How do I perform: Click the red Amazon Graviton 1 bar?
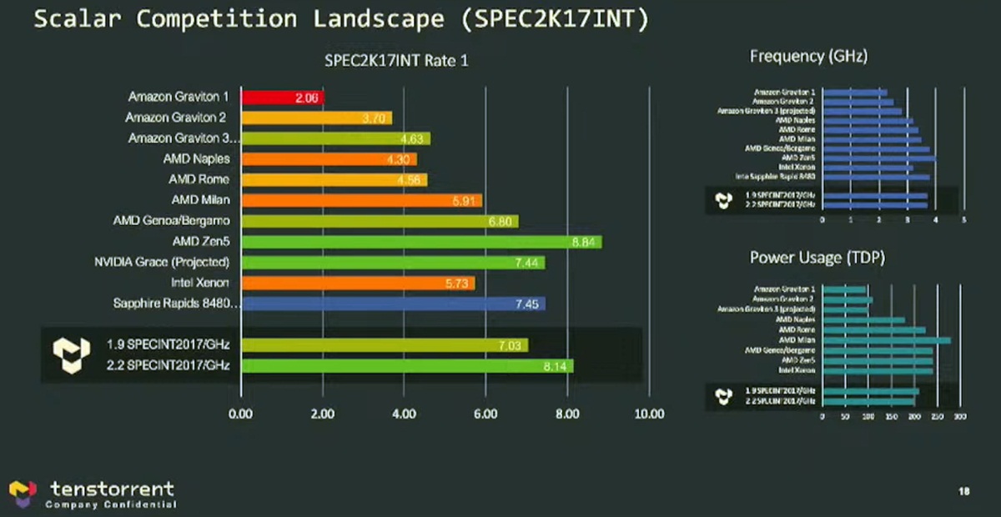pos(282,98)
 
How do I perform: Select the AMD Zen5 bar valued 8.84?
pos(421,242)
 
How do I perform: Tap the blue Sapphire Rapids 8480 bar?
pos(393,304)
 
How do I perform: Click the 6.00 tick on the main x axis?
pos(485,414)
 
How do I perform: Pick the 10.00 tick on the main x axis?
pos(648,414)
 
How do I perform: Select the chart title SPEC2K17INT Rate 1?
pos(395,60)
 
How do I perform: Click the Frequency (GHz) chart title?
pos(808,57)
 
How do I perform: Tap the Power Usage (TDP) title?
pos(817,258)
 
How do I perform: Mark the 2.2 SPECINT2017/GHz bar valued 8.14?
pos(407,365)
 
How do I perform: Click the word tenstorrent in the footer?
pos(112,488)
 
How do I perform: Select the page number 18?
pos(963,492)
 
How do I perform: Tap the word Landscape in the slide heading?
pos(371,18)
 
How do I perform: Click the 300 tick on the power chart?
pos(959,415)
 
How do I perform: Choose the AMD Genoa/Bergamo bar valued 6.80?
pos(380,221)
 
